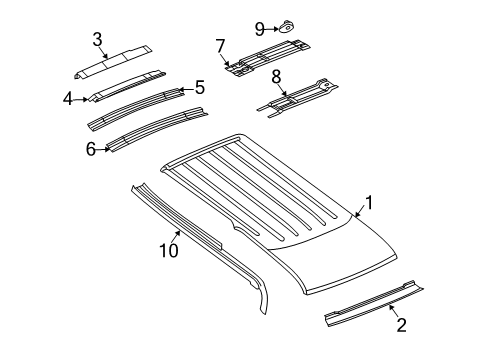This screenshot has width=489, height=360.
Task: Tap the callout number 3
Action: pos(97,40)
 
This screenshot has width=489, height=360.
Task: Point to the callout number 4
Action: pos(67,98)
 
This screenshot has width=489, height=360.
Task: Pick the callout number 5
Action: pos(199,88)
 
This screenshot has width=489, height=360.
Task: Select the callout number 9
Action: pos(258,28)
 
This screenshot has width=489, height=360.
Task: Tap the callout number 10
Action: pos(170,249)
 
